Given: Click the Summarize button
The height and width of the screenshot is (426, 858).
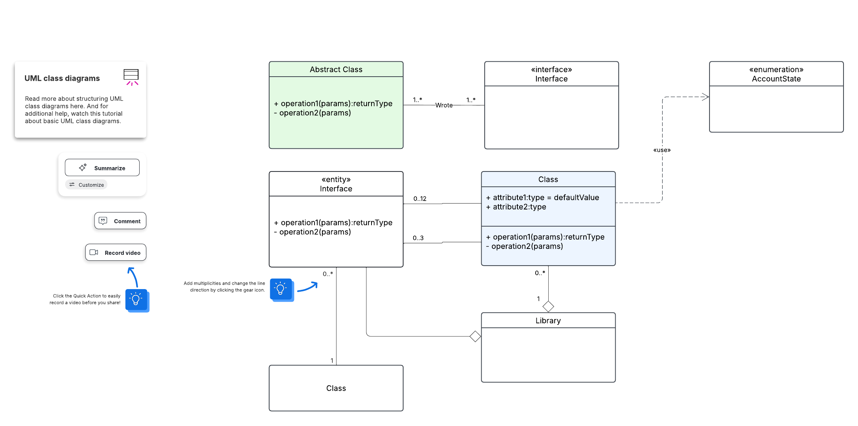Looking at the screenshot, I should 102,168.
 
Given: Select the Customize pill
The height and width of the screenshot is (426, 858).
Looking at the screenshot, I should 86,185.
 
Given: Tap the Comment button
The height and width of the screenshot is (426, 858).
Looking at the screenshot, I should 120,221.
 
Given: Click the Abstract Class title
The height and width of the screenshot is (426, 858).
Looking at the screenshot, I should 336,70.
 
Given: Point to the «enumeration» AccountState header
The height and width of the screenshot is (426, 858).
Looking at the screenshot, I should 776,74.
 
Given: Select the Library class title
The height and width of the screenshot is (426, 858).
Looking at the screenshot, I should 548,321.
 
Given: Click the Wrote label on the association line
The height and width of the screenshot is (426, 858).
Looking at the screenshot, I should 444,105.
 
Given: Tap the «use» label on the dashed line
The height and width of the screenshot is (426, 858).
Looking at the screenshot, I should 662,150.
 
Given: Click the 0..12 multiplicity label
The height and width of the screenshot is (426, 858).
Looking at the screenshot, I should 420,199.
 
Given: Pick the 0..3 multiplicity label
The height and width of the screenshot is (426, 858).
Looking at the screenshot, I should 418,238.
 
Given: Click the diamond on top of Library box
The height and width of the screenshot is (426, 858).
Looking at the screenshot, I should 548,307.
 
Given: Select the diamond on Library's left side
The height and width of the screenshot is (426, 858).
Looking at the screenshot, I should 475,336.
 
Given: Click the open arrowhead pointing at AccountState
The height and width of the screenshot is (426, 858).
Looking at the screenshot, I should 705,97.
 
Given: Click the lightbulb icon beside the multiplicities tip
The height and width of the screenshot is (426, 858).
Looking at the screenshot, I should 281,289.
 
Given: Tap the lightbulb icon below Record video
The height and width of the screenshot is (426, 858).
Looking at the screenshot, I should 136,300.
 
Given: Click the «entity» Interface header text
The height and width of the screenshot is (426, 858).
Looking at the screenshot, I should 336,184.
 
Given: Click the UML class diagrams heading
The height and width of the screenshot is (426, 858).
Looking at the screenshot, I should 62,79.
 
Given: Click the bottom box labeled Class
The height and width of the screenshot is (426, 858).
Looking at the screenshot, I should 336,388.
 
